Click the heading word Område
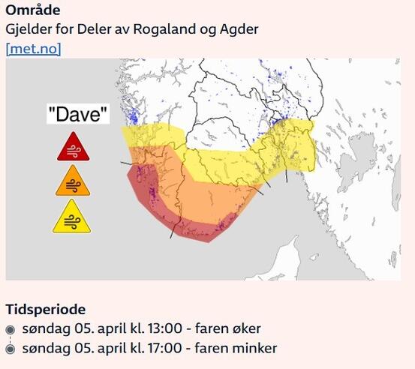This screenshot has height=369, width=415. coord(33,10)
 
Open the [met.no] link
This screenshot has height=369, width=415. coord(33,49)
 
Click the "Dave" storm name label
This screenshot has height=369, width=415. coord(77,115)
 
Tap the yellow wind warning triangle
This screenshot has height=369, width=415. coord(73,217)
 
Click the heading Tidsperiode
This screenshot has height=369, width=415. coord(45,309)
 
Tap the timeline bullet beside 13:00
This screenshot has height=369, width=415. coord(11,329)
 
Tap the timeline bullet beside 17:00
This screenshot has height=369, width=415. coord(11,349)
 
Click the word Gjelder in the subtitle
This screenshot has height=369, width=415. coord(27,29)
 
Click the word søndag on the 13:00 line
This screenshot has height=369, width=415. coord(46,328)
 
